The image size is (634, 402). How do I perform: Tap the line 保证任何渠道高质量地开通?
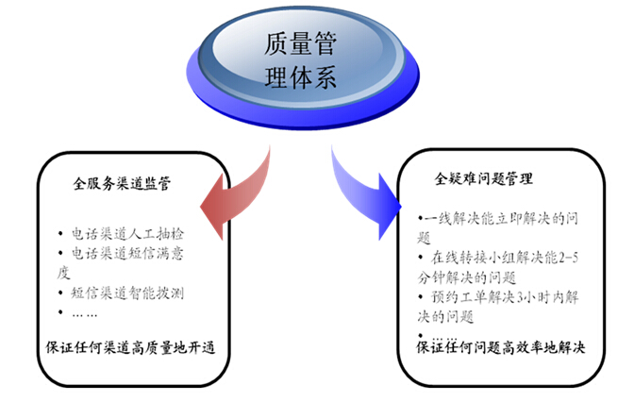[x=131, y=345]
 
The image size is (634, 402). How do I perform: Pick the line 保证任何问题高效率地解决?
[x=501, y=347]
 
